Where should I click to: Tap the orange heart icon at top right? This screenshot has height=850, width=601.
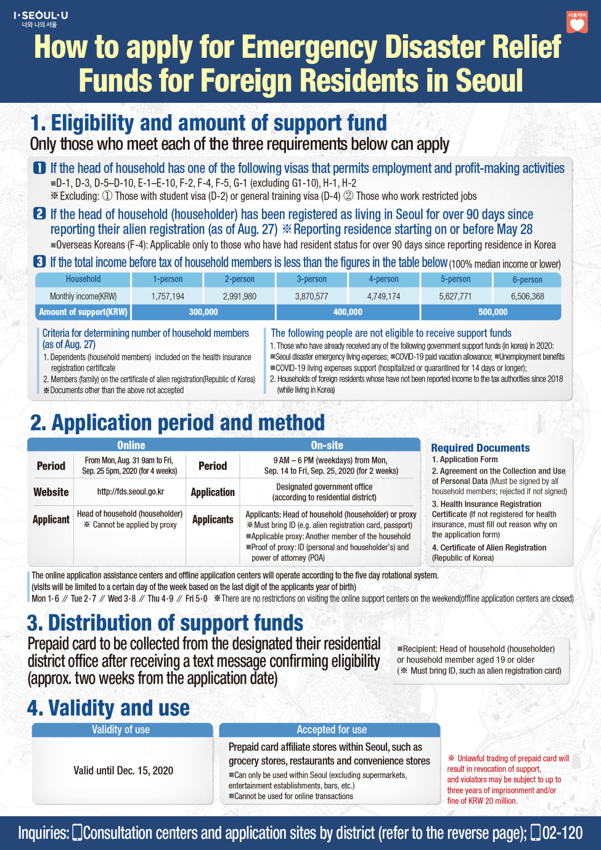(577, 23)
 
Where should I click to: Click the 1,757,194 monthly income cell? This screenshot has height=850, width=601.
(168, 296)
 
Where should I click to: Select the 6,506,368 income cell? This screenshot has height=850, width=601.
(527, 296)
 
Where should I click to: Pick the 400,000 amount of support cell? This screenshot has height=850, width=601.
(347, 312)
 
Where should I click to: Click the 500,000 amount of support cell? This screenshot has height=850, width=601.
(493, 312)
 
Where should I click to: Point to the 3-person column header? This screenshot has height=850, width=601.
(311, 279)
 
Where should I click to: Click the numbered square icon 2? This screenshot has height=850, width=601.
(40, 214)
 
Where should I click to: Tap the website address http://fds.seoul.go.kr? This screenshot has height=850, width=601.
(131, 492)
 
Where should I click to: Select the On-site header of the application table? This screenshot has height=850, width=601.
(327, 445)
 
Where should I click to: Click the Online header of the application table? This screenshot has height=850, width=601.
(131, 445)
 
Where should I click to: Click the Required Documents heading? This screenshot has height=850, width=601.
(480, 448)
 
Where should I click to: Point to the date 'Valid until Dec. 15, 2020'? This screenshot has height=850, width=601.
(123, 771)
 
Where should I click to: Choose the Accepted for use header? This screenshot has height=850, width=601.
(331, 730)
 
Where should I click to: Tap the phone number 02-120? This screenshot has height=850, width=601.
(562, 833)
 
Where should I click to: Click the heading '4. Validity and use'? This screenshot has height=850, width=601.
(108, 708)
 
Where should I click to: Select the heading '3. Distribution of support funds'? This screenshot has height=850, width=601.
(165, 623)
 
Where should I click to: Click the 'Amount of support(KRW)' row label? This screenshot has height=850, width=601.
(83, 312)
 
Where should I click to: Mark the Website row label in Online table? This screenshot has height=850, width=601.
(51, 492)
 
